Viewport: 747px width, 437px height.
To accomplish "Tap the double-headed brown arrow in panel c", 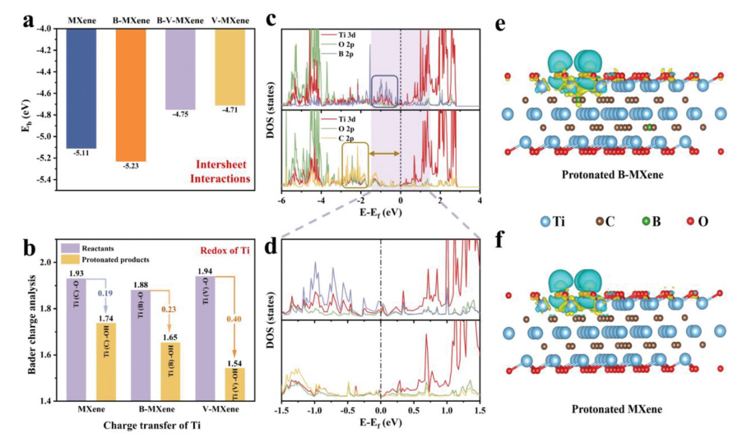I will coord(383,154).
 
